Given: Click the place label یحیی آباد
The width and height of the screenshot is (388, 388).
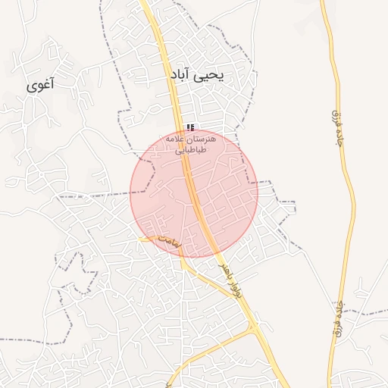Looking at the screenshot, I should click(199, 77).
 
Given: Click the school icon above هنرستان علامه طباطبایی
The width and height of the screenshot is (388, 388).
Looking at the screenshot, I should click(190, 127).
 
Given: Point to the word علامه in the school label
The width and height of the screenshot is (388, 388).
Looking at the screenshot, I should click(176, 139).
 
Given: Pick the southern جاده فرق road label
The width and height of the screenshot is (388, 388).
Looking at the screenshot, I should click(338, 315).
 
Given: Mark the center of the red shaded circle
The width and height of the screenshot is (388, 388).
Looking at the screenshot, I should click(194, 192).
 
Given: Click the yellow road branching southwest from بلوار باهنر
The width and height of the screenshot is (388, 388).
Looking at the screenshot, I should click(212, 350).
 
